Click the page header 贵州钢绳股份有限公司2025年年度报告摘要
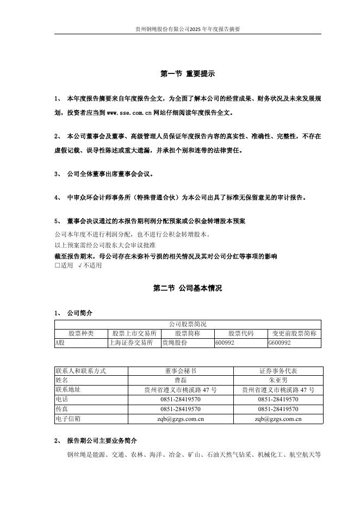[x=188, y=29]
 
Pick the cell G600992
[x=280, y=343]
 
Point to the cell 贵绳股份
[x=175, y=343]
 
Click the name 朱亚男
[x=278, y=380]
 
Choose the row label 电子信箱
[x=68, y=419]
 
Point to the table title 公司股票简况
[x=188, y=324]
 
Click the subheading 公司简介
[x=79, y=313]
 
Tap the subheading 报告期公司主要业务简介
[x=102, y=440]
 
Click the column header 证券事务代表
[x=278, y=371]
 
